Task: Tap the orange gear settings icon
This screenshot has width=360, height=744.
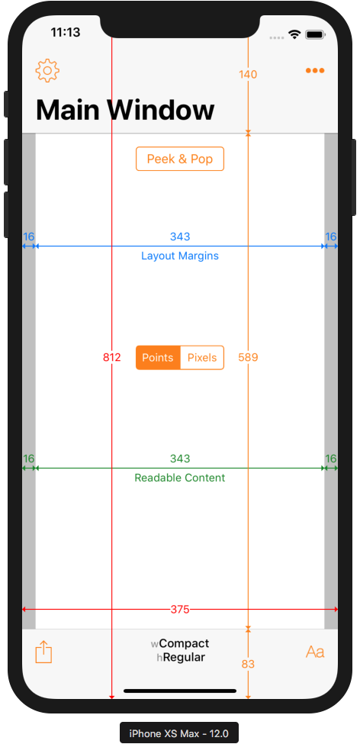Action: click(47, 71)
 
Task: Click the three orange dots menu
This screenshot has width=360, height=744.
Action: click(315, 71)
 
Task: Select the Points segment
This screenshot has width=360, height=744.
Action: click(158, 357)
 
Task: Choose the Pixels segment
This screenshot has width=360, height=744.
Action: click(202, 357)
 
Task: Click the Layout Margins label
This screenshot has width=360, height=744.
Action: click(180, 256)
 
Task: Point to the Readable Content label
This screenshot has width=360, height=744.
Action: click(180, 478)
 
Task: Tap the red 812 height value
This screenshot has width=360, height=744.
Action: click(112, 357)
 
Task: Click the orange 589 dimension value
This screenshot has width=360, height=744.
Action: click(248, 357)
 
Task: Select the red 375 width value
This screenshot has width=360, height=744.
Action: click(180, 609)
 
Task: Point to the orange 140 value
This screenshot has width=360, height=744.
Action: click(248, 75)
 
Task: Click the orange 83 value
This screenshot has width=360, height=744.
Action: click(248, 665)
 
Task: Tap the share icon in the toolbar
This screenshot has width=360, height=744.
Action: click(43, 652)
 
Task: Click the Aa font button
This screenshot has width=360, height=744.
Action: click(315, 652)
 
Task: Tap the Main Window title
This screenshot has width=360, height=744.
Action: click(125, 110)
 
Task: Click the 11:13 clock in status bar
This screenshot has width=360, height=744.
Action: click(66, 32)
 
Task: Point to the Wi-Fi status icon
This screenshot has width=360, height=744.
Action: click(294, 34)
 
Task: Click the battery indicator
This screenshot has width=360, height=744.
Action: click(314, 34)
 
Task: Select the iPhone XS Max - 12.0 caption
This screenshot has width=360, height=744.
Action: click(178, 733)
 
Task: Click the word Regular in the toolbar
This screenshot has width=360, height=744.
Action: click(184, 658)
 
